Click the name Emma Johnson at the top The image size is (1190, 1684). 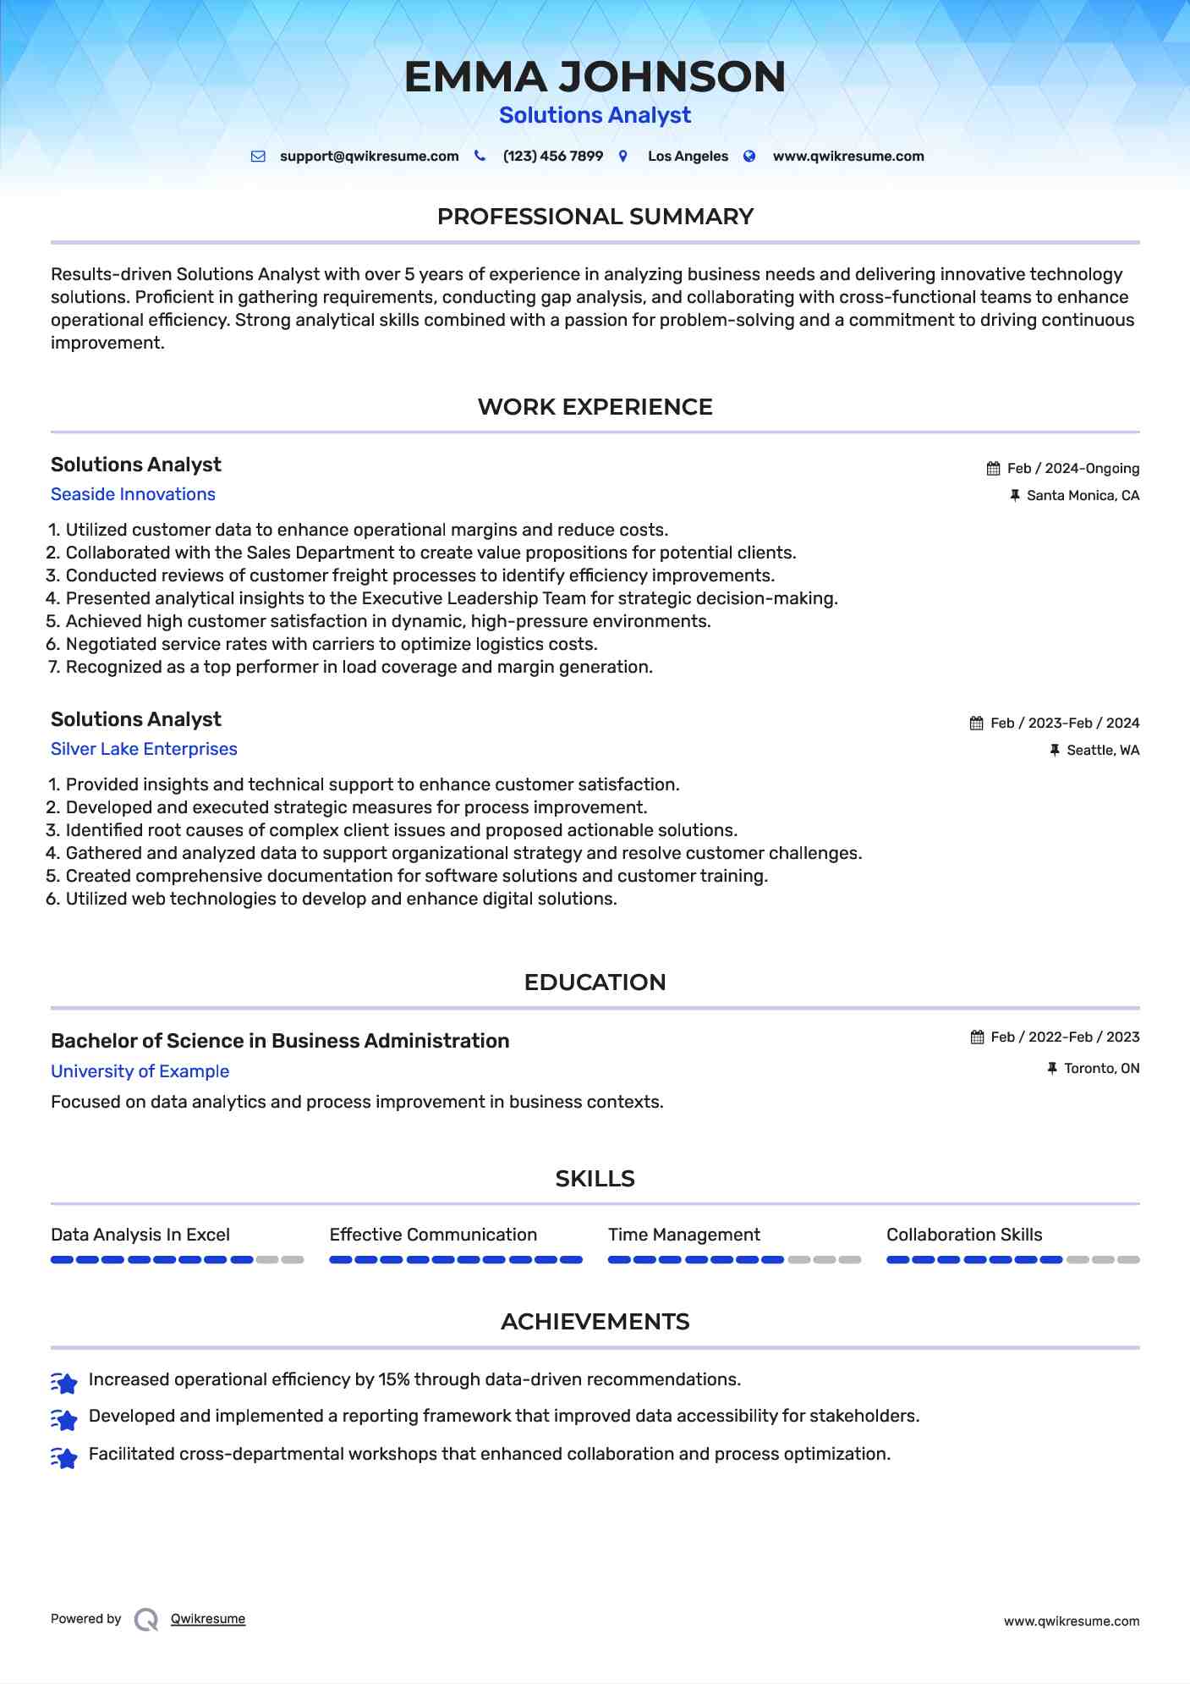pos(595,77)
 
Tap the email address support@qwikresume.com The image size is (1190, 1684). pos(369,157)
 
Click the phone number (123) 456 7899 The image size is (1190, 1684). pos(552,157)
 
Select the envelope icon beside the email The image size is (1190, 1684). pos(258,157)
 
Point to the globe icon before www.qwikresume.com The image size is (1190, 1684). pos(749,157)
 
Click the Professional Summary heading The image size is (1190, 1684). pos(595,217)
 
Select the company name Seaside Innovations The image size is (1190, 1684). pos(133,494)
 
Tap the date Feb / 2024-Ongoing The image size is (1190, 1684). pos(1072,469)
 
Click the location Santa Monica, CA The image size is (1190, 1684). pos(1083,496)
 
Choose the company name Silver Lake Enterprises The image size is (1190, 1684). pos(144,749)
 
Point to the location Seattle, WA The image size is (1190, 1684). pos(1103,751)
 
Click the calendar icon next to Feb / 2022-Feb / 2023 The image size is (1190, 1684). pos(977,1037)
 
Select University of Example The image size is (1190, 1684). pos(140,1071)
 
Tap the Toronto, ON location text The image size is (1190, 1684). pos(1101,1069)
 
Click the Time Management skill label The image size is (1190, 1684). pos(683,1235)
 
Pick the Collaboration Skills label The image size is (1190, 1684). pos(964,1235)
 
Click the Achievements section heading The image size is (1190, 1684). pos(595,1322)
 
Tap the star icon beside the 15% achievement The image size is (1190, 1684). pos(64,1382)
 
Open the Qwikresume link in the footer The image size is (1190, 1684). pos(208,1619)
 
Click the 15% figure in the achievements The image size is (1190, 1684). pos(393,1379)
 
